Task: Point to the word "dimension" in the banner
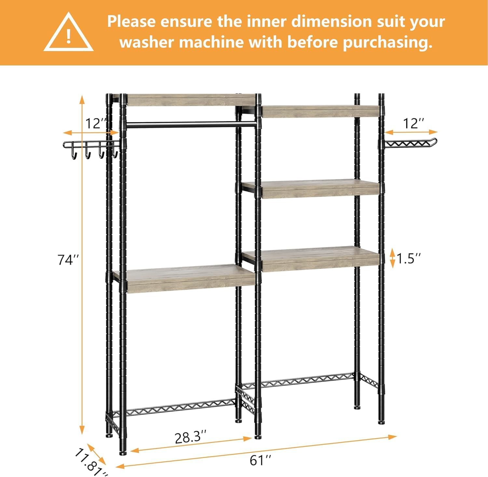331,22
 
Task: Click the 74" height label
68,260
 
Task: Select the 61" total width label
260,460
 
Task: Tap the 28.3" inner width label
190,437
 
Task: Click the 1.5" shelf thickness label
408,259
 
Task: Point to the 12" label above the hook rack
96,124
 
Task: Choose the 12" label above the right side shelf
413,124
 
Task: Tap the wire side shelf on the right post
410,143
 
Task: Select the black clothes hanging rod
190,124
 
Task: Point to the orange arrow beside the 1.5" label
392,258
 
